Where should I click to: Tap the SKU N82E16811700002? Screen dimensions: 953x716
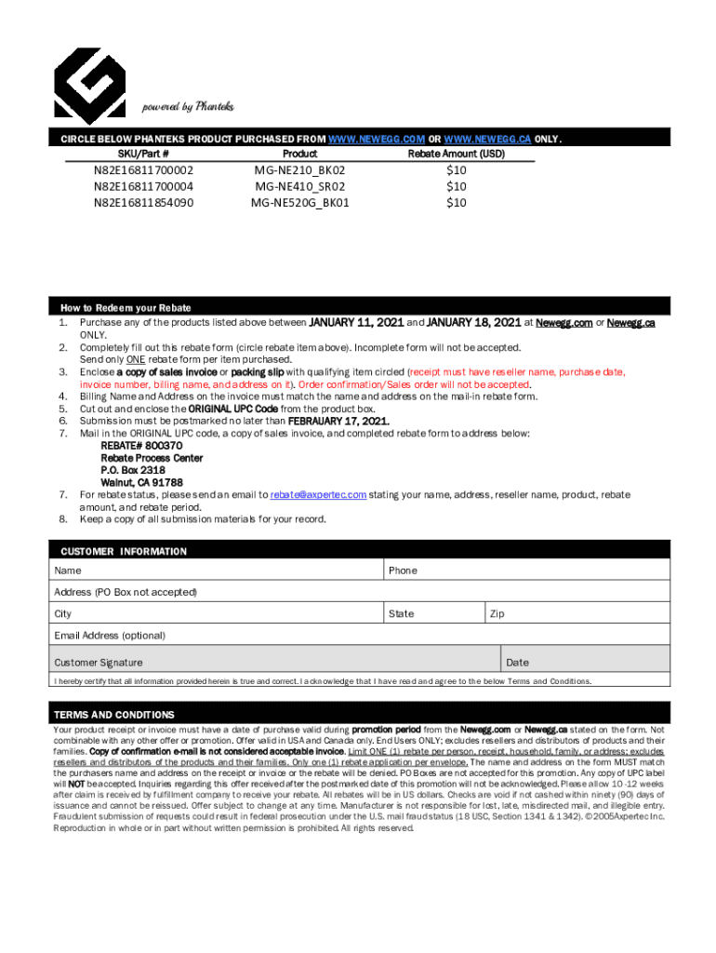(143, 171)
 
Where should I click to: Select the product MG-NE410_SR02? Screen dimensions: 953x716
(299, 186)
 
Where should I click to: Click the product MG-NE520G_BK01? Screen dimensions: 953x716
(299, 202)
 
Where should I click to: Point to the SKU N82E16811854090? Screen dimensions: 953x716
(143, 202)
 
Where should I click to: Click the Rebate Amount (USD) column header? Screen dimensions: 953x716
(456, 154)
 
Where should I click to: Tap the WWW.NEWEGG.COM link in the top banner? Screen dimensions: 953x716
(378, 139)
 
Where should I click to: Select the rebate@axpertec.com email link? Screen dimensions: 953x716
(318, 495)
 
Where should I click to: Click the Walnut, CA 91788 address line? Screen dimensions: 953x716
(141, 482)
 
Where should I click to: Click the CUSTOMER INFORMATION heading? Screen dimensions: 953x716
(124, 551)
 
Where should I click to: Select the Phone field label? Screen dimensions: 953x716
(403, 570)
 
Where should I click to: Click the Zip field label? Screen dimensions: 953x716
(497, 614)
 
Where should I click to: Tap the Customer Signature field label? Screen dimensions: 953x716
(99, 663)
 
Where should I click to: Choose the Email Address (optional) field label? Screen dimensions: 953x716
(110, 636)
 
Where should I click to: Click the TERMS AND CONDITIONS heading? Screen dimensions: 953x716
(113, 715)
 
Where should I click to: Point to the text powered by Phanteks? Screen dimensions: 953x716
(187, 106)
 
